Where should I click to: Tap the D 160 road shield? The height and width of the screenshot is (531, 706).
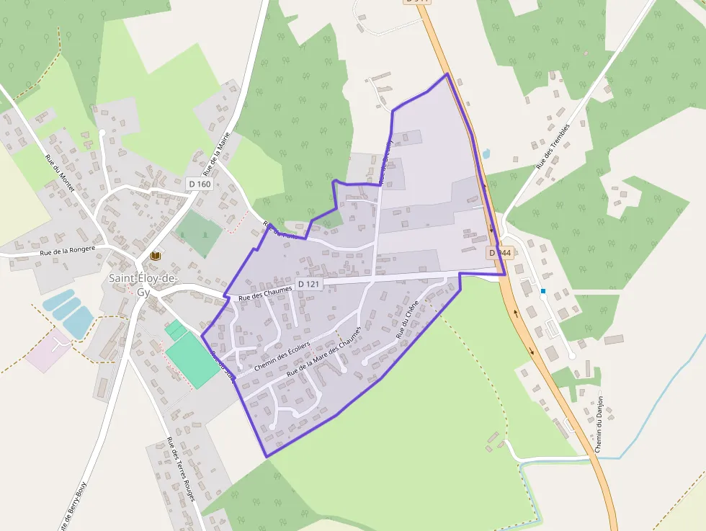click(200, 184)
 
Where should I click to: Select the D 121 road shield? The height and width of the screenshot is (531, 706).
click(308, 284)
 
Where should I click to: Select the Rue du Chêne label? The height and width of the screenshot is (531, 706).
click(407, 324)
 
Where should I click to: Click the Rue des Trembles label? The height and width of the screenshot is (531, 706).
click(553, 146)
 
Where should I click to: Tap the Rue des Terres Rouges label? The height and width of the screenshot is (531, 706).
click(181, 470)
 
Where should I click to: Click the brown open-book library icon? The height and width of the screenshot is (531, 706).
click(155, 256)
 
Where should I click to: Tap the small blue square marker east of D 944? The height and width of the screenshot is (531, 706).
click(543, 291)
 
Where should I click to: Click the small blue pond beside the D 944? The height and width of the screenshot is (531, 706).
click(486, 153)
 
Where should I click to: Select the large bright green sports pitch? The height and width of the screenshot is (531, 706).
click(190, 358)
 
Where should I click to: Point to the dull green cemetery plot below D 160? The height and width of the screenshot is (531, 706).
click(198, 233)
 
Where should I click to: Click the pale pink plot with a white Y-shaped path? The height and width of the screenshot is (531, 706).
click(49, 351)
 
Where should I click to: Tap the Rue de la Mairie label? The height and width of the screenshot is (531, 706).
click(216, 154)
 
